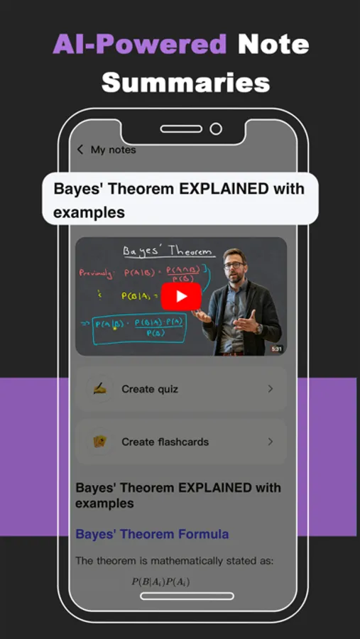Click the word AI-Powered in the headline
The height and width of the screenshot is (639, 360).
point(139,45)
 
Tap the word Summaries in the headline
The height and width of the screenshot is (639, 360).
point(185,82)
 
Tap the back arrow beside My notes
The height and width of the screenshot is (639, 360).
point(80,149)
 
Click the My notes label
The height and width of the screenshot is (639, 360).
point(113,150)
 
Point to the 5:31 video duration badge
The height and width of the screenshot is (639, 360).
point(276,349)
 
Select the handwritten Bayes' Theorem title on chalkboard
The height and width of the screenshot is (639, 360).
point(168,251)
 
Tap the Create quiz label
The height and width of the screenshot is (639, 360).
point(150,389)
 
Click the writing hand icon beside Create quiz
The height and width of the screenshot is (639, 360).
point(99,389)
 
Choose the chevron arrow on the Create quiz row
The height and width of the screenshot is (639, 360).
point(271,389)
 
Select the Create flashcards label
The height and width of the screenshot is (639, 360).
point(165,442)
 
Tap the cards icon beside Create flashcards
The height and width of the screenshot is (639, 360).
point(99,442)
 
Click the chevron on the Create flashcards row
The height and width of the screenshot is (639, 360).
point(271,442)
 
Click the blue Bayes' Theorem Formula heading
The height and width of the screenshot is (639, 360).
point(152,534)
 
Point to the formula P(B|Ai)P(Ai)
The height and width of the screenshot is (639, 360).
point(160,582)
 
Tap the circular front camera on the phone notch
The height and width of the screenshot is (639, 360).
point(216,129)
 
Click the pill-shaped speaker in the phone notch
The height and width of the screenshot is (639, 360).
point(181,129)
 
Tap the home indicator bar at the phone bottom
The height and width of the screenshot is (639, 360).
point(187,596)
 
